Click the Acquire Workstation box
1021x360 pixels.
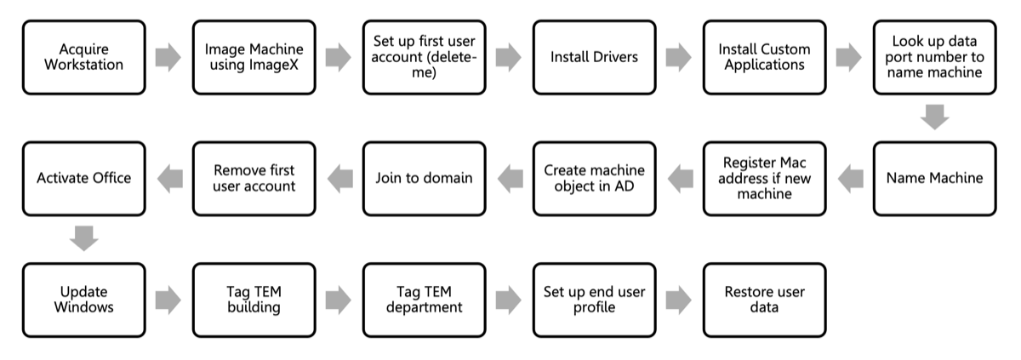83,57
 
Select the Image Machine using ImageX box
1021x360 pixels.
254,57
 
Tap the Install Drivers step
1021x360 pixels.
594,57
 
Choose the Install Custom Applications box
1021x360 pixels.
764,57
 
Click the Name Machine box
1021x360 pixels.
934,178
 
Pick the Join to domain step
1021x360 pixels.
424,178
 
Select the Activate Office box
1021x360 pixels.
83,178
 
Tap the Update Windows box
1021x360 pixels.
83,300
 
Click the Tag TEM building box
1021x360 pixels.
254,300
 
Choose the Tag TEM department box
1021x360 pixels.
424,300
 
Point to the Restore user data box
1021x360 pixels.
764,300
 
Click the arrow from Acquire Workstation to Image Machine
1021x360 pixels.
168,57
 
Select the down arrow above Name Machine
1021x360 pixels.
934,117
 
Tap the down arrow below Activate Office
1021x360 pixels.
83,238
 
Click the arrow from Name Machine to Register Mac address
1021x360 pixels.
849,178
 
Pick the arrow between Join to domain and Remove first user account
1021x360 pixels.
339,178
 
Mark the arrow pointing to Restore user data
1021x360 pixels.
679,300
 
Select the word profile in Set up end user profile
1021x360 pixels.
594,307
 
